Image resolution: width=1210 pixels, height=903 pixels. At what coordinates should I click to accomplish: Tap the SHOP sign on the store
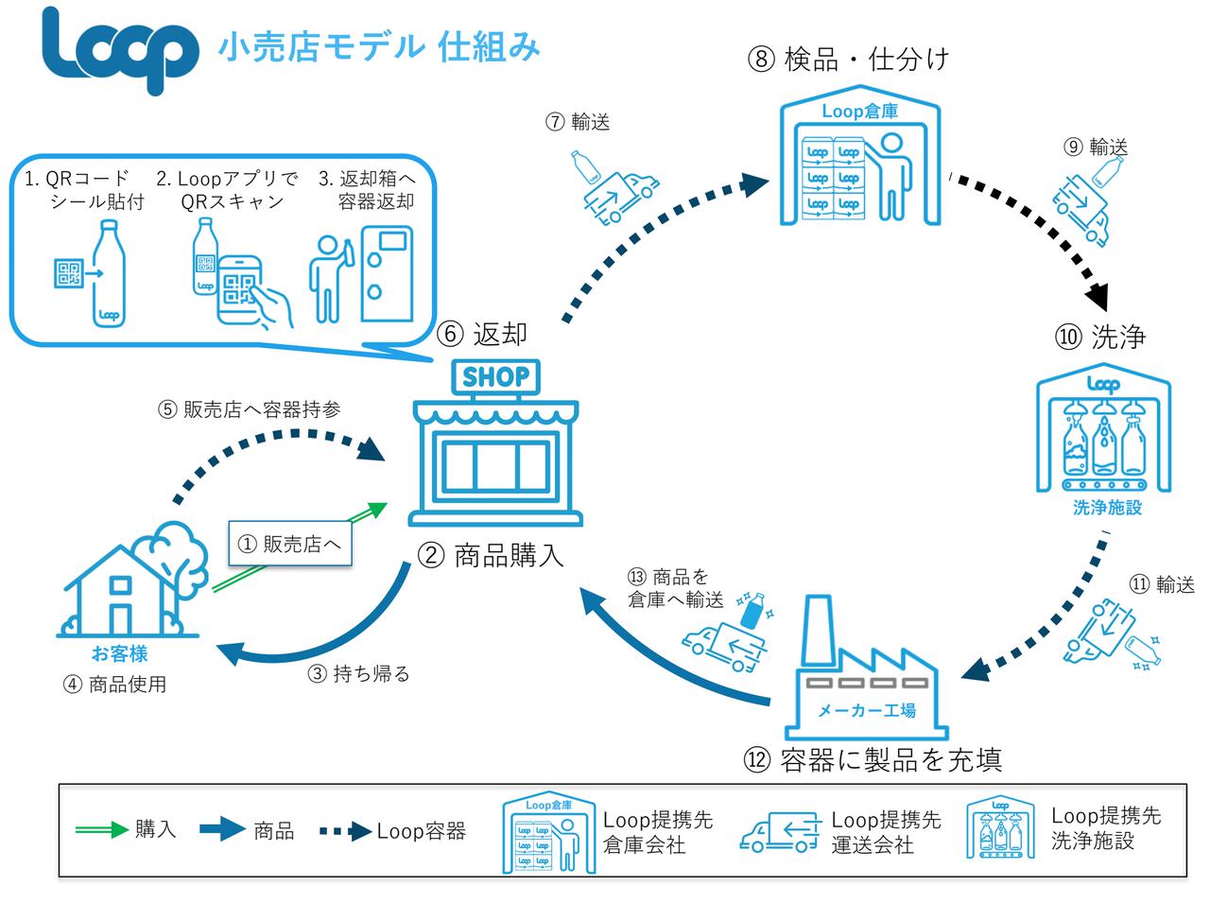tap(496, 377)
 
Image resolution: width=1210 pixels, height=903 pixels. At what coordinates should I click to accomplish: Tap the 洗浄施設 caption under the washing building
tap(1106, 508)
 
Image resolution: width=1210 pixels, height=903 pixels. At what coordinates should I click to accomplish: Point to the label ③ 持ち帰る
tap(359, 674)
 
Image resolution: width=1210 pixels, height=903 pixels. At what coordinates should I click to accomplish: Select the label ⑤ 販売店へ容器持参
tap(249, 409)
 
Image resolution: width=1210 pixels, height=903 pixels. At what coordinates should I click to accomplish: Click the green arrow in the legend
tap(102, 830)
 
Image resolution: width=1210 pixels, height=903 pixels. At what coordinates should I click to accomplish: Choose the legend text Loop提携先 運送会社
tap(886, 832)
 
